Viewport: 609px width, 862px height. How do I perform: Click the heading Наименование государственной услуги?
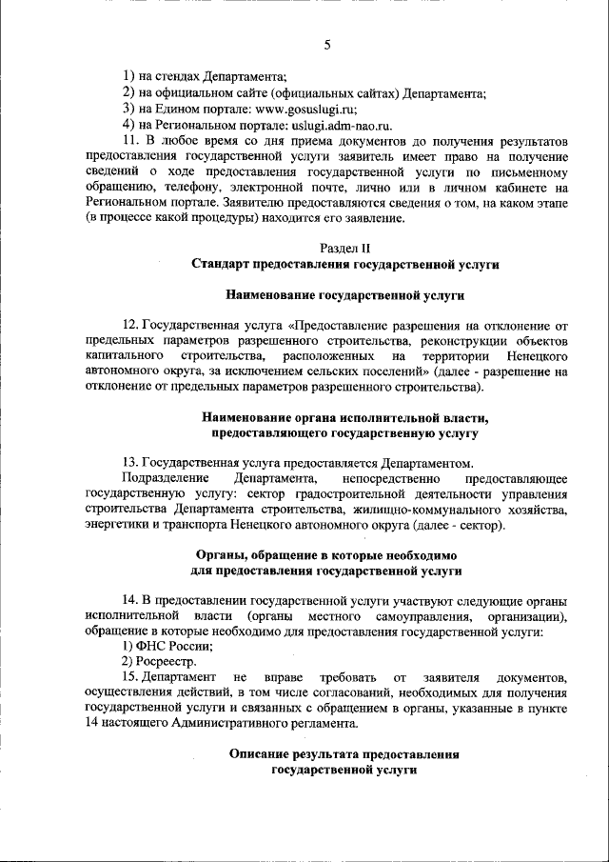[345, 294]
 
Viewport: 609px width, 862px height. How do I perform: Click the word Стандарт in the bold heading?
[221, 264]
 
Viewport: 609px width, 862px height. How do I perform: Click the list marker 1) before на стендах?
[128, 78]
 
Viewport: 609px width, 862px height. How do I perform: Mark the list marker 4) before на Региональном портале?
[128, 125]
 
